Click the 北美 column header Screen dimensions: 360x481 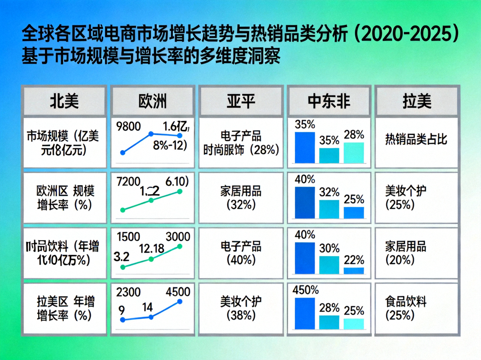tap(64, 101)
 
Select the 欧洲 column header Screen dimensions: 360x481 tap(152, 101)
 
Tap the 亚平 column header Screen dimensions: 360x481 tap(241, 101)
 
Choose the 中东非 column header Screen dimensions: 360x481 tap(329, 101)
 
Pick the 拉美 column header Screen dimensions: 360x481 tap(417, 101)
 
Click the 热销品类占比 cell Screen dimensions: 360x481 tap(416, 138)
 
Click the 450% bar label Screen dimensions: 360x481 tap(306, 290)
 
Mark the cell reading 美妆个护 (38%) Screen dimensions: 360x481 tap(240, 308)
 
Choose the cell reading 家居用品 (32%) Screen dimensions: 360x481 tap(240, 198)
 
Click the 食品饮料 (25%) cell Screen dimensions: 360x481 tap(406, 308)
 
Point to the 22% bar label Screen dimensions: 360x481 tap(354, 260)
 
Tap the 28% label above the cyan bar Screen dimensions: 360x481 tap(354, 134)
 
